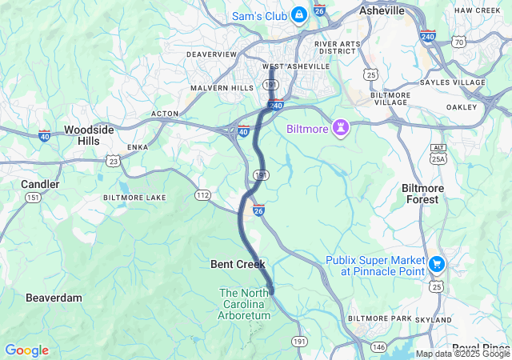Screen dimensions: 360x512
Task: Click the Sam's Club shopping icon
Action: [299, 14]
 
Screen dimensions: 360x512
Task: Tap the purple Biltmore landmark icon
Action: [342, 128]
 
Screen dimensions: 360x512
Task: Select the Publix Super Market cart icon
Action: [436, 263]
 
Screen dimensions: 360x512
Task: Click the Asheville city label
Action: [382, 11]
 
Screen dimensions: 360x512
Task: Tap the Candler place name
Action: [40, 184]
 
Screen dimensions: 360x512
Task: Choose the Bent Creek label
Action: [238, 264]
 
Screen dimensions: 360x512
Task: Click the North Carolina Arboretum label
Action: [250, 304]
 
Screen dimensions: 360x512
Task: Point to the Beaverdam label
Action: [54, 298]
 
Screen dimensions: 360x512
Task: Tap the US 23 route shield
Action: [114, 161]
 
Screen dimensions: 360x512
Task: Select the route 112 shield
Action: [203, 194]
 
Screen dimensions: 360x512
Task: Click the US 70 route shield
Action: [458, 41]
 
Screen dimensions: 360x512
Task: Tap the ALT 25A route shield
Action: [438, 154]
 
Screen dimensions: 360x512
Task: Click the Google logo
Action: [26, 350]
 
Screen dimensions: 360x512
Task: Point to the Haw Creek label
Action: [477, 10]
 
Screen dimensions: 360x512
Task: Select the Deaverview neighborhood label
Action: [211, 54]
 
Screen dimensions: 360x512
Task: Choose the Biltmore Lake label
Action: [134, 197]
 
